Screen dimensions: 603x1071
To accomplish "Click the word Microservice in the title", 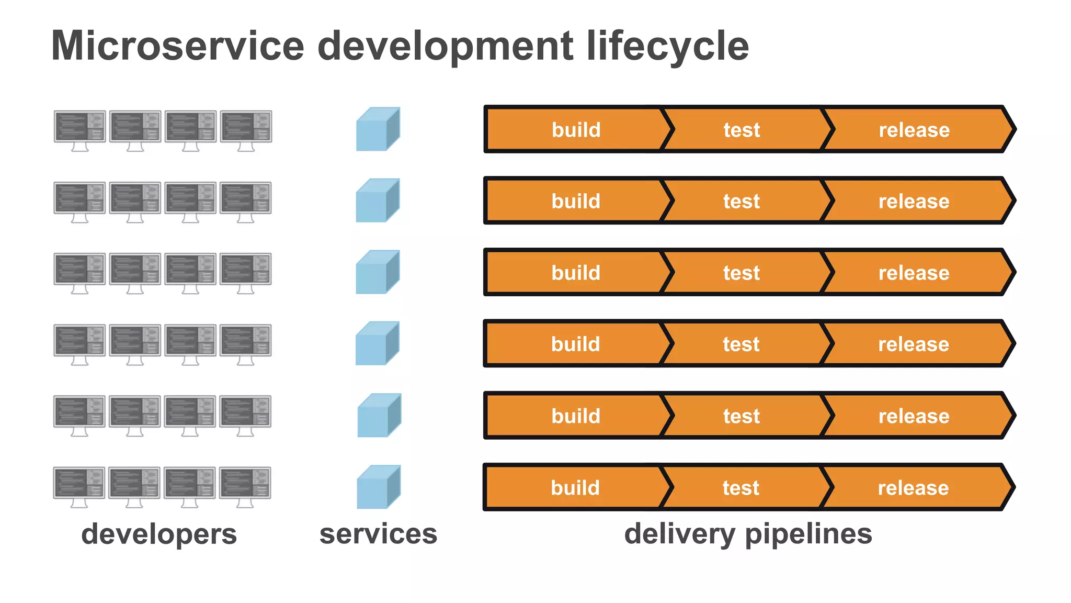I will tap(178, 46).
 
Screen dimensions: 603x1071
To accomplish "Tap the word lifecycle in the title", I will tap(668, 46).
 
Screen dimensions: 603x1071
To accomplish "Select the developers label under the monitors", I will tap(159, 534).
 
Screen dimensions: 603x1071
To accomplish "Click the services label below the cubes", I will tap(378, 534).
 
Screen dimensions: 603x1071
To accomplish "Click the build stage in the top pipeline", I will tap(576, 130).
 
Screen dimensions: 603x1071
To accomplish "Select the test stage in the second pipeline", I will tap(742, 201).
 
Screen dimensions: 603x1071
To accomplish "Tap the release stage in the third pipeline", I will tap(914, 273).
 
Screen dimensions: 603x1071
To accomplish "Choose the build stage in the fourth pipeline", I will tap(575, 344).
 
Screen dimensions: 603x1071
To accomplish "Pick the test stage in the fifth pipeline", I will tap(742, 416).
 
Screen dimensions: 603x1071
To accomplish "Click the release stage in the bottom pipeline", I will tap(913, 488).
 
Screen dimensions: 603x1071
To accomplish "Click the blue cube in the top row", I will tap(378, 129).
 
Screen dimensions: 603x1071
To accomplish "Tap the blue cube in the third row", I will tap(377, 272).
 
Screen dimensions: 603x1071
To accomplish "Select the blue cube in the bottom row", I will tap(378, 487).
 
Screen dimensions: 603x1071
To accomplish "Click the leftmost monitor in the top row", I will tap(79, 127).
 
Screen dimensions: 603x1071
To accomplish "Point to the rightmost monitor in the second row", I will tap(246, 198).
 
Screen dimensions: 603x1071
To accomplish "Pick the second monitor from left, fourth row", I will tap(135, 341).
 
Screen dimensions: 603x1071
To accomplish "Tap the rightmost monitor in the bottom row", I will tap(245, 483).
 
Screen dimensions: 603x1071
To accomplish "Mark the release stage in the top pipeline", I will tap(914, 130).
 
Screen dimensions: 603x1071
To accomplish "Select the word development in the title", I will tap(445, 46).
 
